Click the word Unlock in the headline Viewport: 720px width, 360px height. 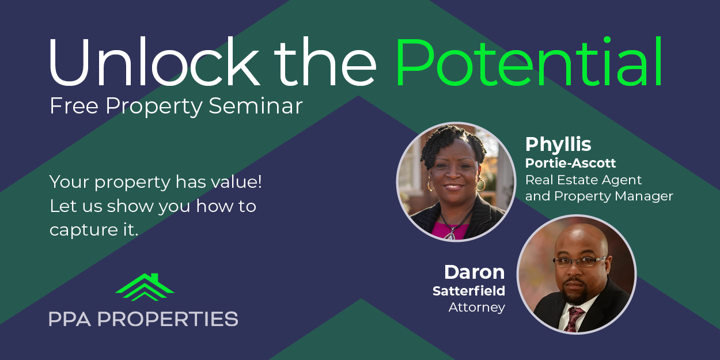pyautogui.click(x=154, y=62)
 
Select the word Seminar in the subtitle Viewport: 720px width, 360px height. pyautogui.click(x=256, y=106)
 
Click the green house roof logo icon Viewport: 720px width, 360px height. pyautogui.click(x=145, y=287)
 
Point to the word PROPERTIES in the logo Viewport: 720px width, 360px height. pyautogui.click(x=168, y=319)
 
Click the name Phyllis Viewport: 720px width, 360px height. pyautogui.click(x=558, y=145)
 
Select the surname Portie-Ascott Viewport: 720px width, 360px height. pyautogui.click(x=571, y=163)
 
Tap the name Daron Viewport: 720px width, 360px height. pyautogui.click(x=475, y=272)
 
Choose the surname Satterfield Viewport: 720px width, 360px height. pyautogui.click(x=469, y=291)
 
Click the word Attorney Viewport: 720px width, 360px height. pyautogui.click(x=477, y=308)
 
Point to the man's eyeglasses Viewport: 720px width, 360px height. pyautogui.click(x=579, y=261)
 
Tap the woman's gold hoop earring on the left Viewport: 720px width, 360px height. pyautogui.click(x=430, y=184)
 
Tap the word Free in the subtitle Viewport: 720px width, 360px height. pyautogui.click(x=74, y=106)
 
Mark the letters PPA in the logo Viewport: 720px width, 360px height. pyautogui.click(x=70, y=319)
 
